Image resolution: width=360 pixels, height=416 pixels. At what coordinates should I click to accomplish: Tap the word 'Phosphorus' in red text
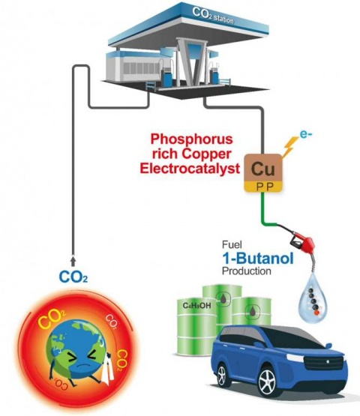[x=192, y=139]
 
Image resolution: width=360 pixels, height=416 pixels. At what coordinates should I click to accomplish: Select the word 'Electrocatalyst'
[x=190, y=169]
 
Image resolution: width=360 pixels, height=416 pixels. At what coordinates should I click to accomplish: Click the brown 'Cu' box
[x=262, y=169]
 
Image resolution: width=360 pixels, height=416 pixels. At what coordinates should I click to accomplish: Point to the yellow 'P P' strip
[x=262, y=187]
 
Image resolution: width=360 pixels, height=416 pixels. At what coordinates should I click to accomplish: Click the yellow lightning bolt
[x=290, y=146]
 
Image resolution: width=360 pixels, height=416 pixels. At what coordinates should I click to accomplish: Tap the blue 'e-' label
[x=306, y=134]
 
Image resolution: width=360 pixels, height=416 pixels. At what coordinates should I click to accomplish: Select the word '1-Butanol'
[x=258, y=258]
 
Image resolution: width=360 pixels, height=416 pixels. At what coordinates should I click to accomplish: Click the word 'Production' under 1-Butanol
[x=246, y=271]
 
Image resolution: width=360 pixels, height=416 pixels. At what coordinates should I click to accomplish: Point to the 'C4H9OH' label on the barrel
[x=196, y=306]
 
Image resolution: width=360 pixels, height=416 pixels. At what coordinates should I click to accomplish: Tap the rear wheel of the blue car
[x=222, y=375]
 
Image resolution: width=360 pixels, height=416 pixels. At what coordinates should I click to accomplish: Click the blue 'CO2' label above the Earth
[x=73, y=277]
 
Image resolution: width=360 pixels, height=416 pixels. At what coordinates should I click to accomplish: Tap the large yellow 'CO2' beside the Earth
[x=52, y=318]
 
